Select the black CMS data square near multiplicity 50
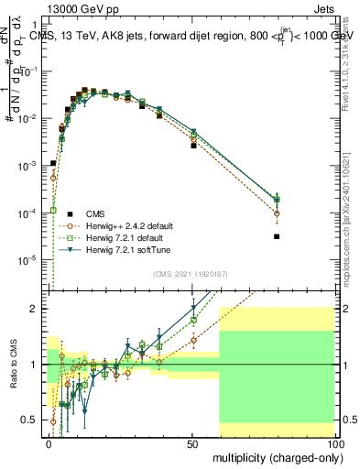coord(193,146)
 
